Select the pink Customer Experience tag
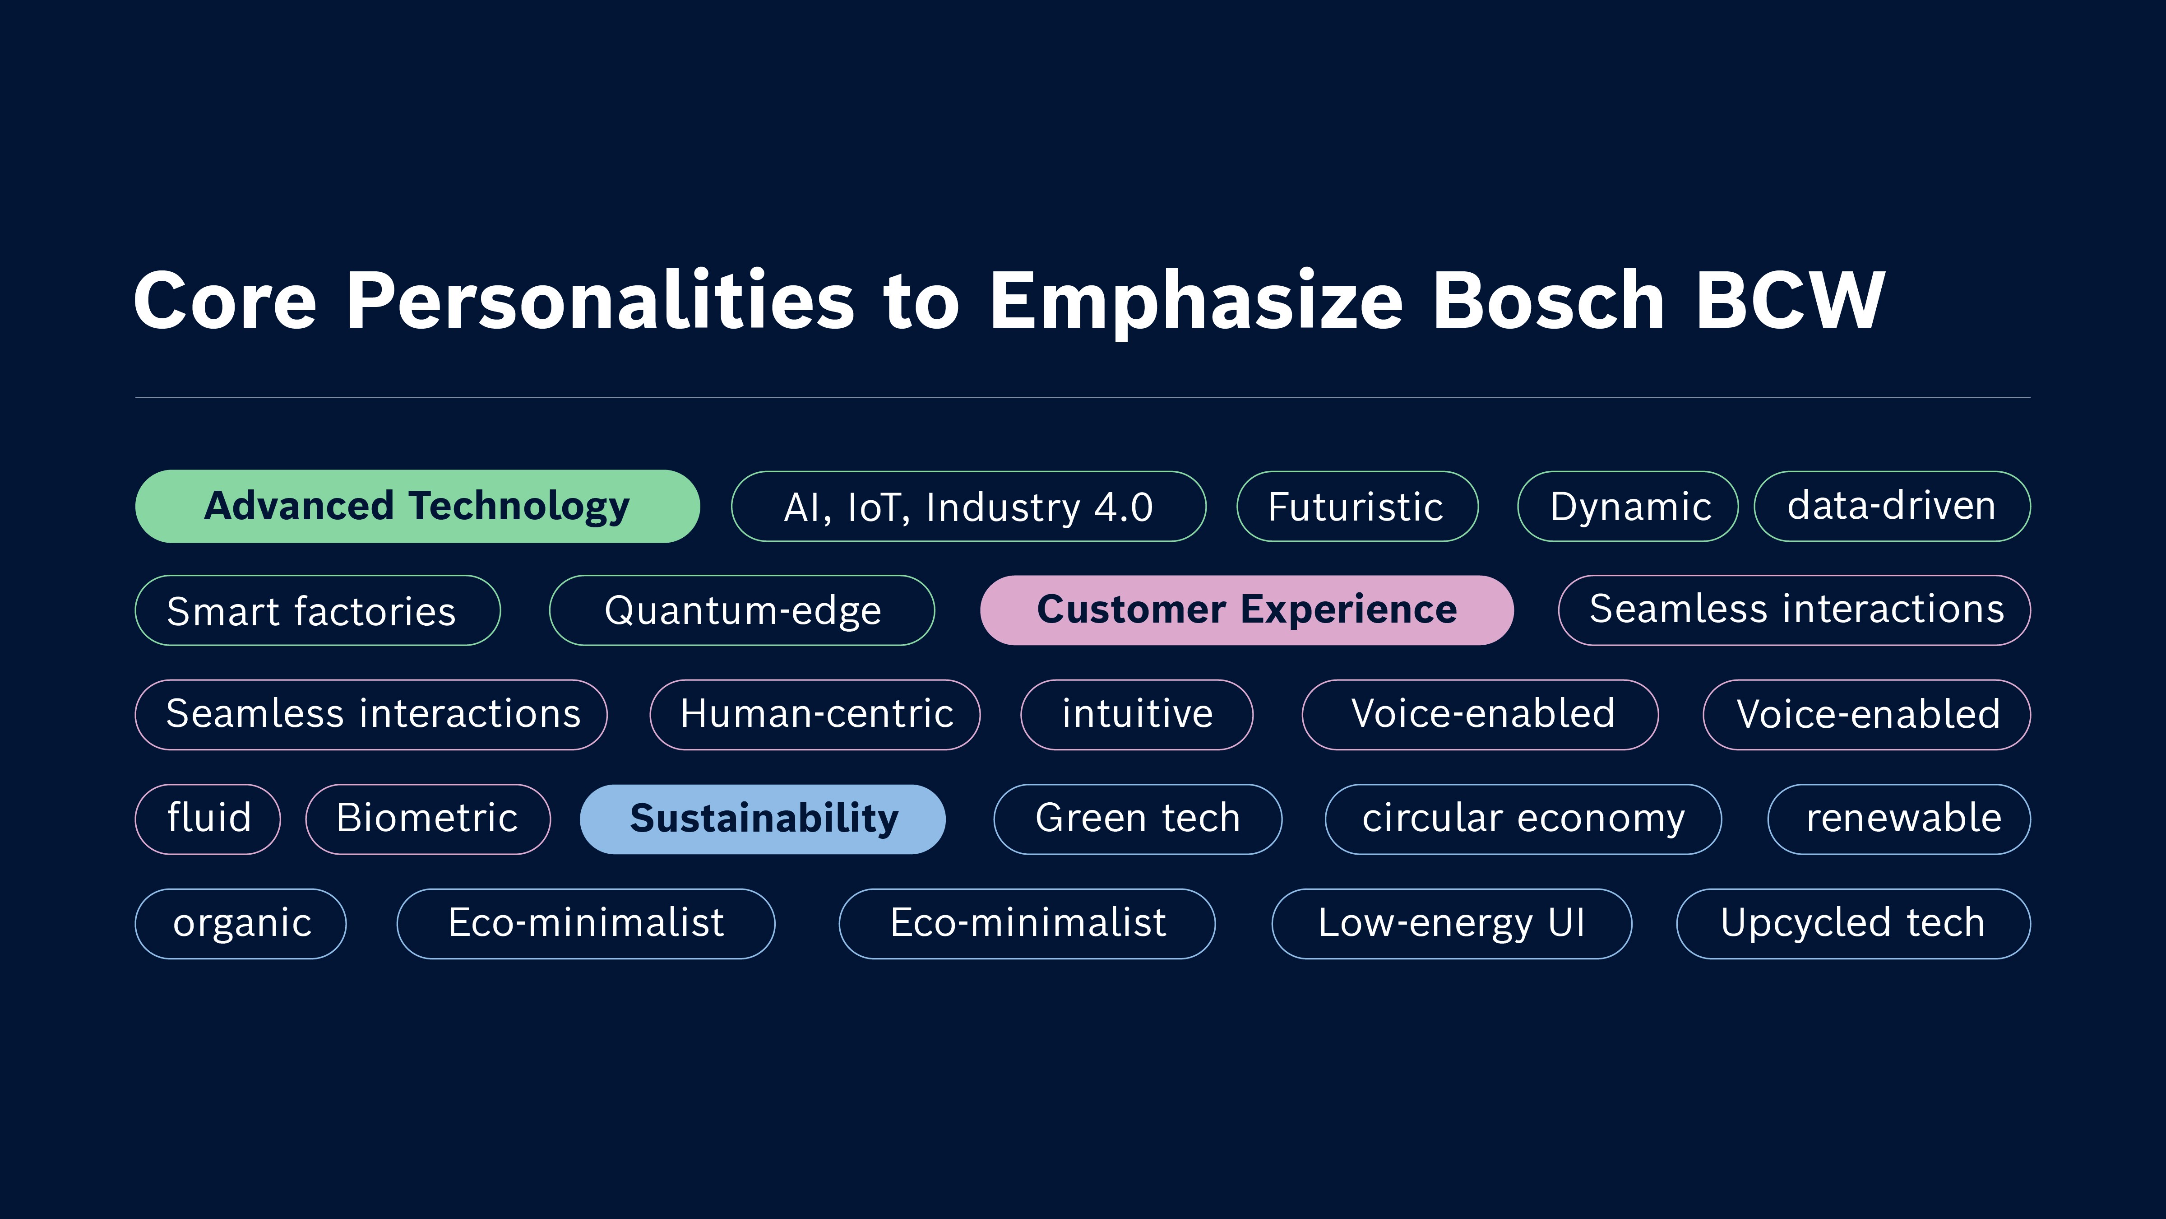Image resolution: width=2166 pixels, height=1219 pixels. coord(1247,610)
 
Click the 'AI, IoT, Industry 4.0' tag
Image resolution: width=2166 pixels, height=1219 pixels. coord(969,507)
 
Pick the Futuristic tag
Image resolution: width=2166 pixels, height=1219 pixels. coord(1357,507)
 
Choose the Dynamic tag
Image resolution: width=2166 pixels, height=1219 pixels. coord(1628,507)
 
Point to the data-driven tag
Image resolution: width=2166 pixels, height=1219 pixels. coord(1892,507)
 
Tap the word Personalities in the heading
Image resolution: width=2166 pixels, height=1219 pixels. coord(600,300)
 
